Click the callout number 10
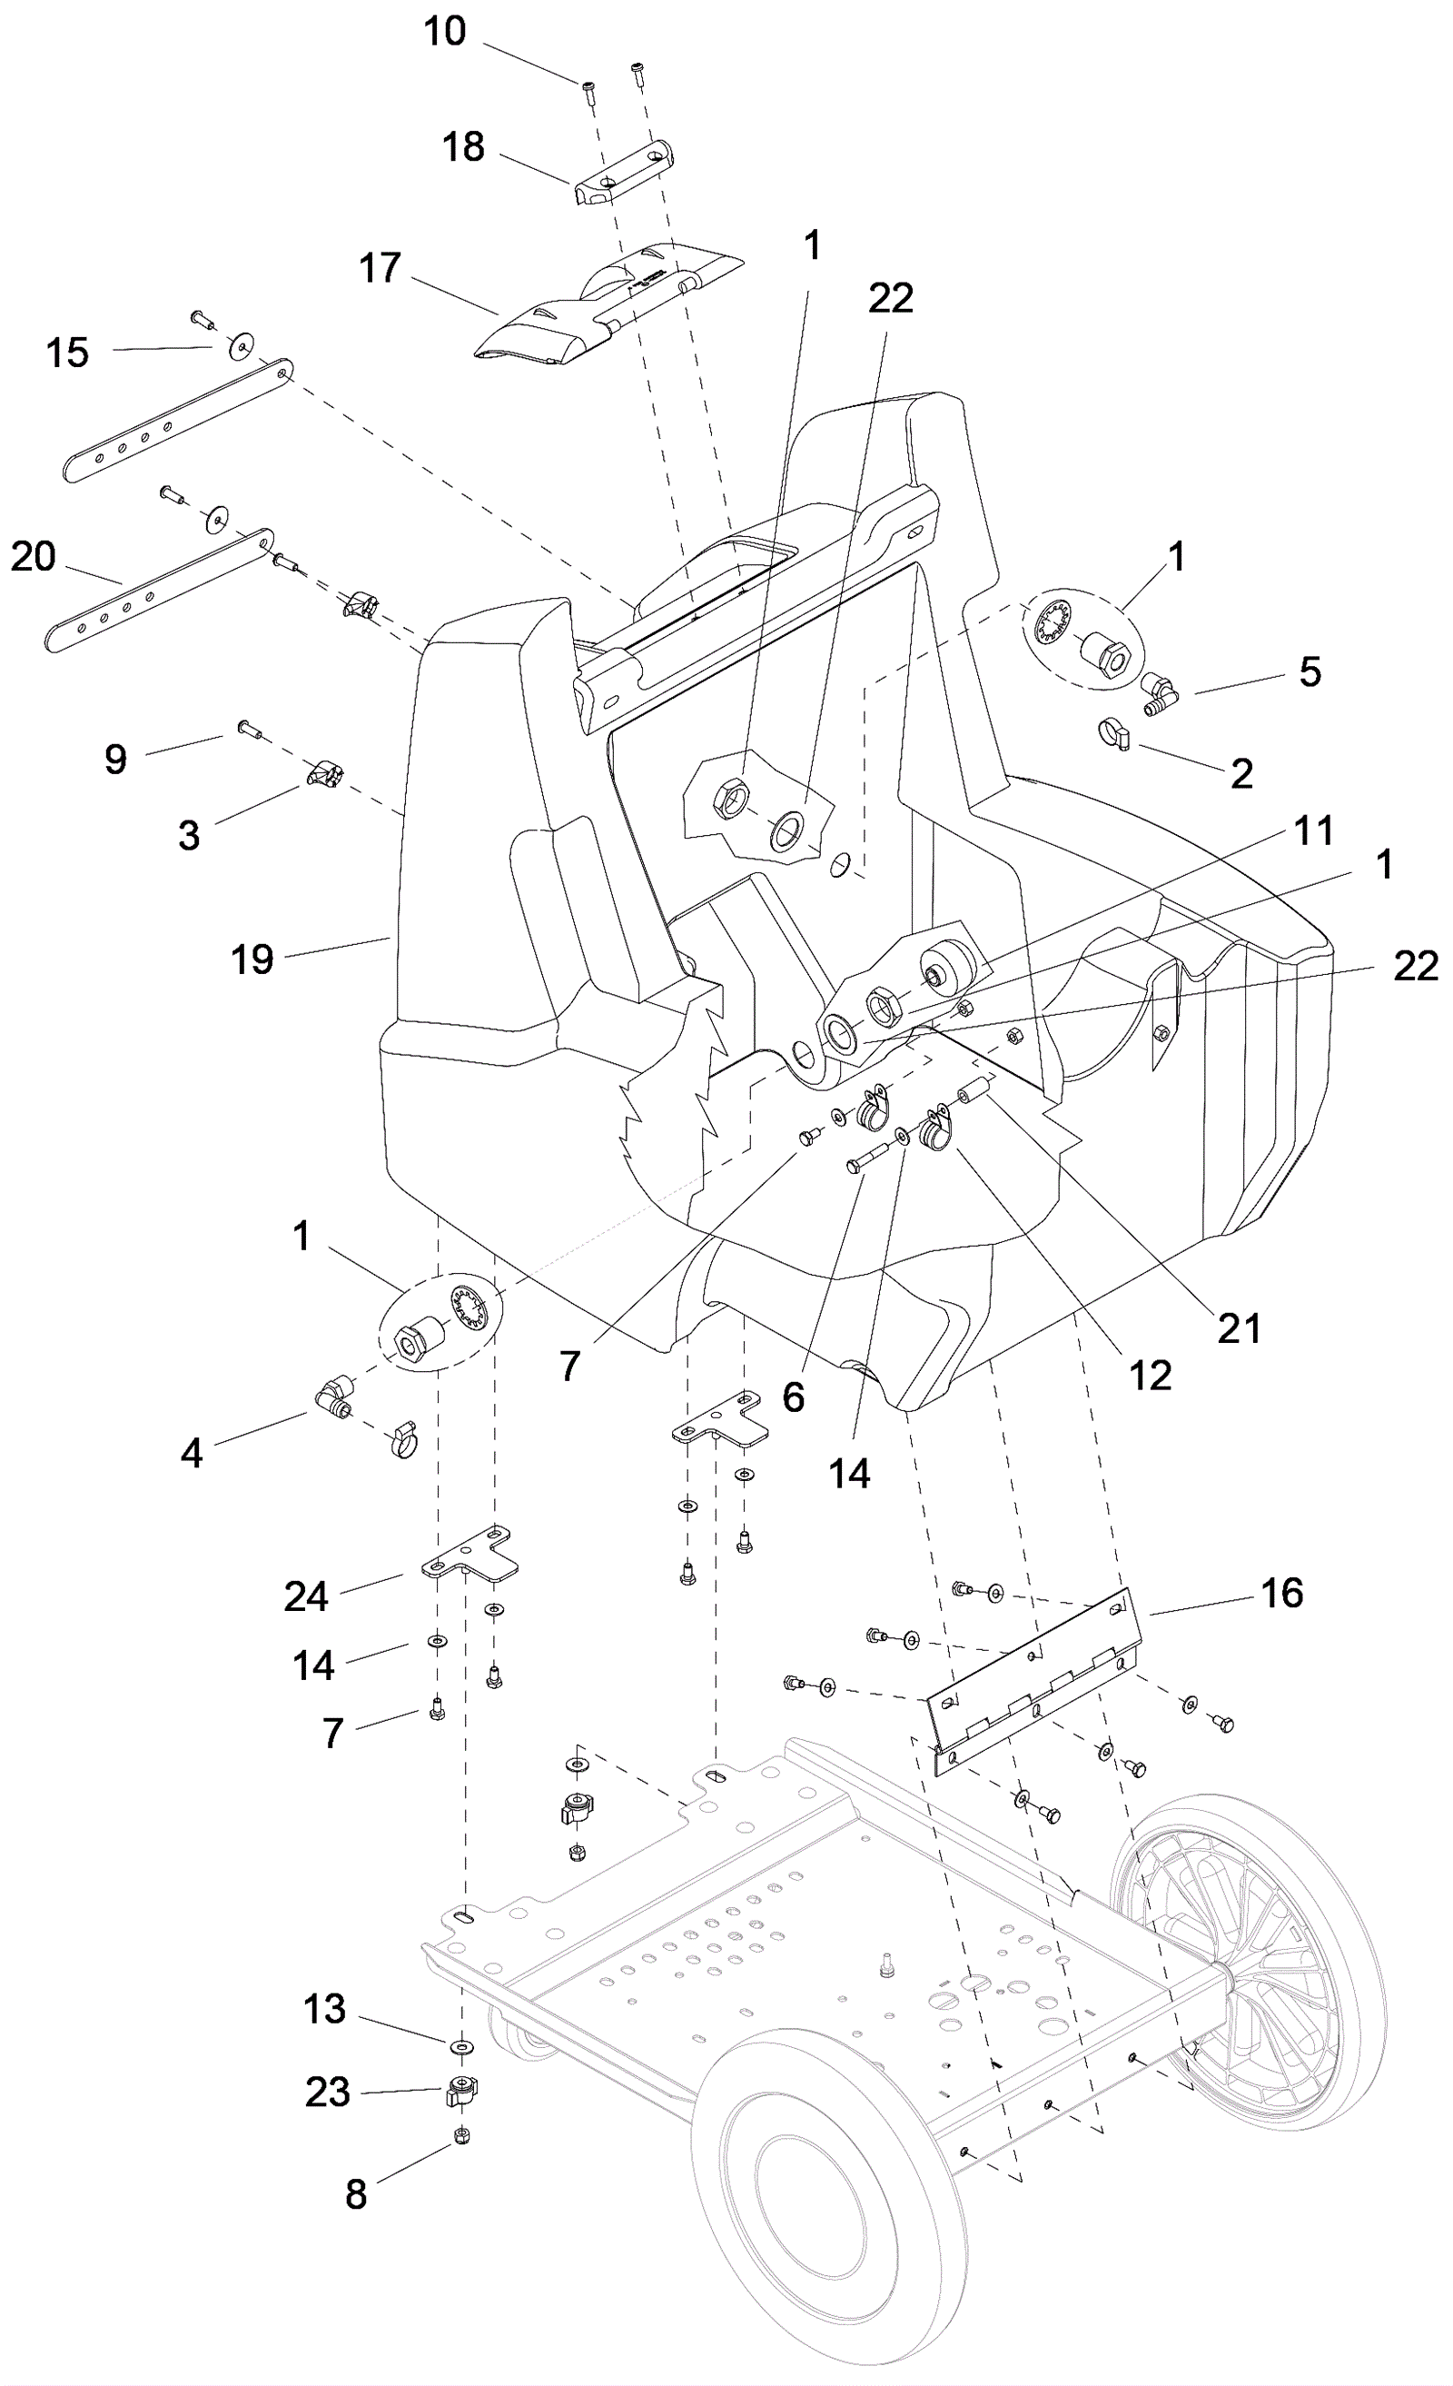click(x=445, y=32)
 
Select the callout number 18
click(x=463, y=147)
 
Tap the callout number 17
click(x=380, y=268)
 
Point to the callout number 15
click(x=67, y=353)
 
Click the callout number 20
click(x=33, y=557)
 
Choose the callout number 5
click(x=1310, y=672)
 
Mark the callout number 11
click(x=1314, y=830)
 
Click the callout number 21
click(x=1239, y=1328)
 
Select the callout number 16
click(x=1282, y=1593)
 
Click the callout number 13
click(x=324, y=2009)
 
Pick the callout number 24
click(x=306, y=1596)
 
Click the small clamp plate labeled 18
click(x=620, y=174)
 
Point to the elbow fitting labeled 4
click(x=334, y=1399)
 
